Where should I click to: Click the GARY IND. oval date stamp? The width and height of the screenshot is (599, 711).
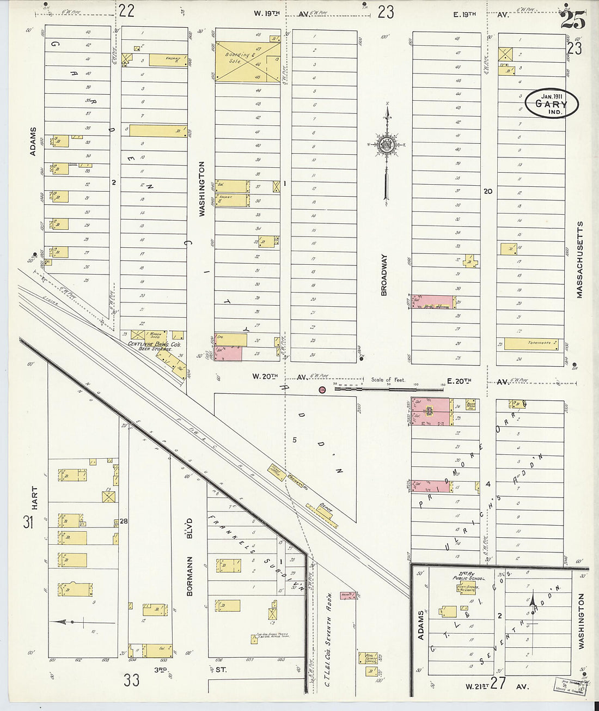[551, 103]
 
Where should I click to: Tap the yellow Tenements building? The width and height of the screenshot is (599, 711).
[532, 343]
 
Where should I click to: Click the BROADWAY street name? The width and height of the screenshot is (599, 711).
[384, 275]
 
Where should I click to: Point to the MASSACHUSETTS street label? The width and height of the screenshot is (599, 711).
[579, 259]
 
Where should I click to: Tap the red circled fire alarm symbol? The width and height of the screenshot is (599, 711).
[322, 389]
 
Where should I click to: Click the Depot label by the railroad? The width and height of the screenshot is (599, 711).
[326, 506]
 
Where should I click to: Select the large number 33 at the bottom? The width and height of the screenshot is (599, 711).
[131, 679]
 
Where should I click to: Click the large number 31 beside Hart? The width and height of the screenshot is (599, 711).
[28, 523]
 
